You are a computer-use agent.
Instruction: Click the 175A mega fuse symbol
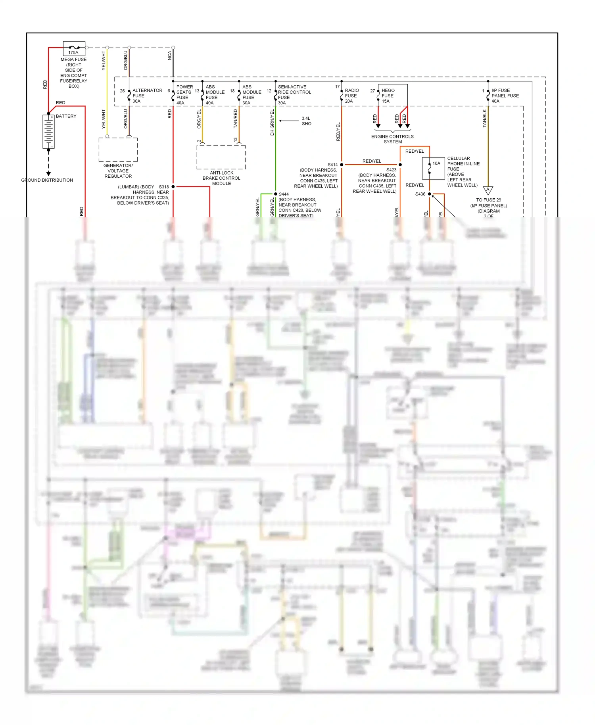[x=74, y=48]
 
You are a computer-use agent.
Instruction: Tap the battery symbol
[x=48, y=132]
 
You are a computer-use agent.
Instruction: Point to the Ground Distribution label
[x=47, y=180]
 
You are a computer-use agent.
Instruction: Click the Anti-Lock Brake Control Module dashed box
[x=221, y=157]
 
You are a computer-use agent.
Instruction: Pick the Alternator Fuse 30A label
[x=147, y=96]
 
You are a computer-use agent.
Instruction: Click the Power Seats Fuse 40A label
[x=184, y=95]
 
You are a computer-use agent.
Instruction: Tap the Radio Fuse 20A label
[x=351, y=96]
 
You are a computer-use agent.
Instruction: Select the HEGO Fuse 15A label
[x=388, y=96]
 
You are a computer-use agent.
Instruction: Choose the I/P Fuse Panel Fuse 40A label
[x=505, y=96]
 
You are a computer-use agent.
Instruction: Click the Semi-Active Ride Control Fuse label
[x=294, y=94]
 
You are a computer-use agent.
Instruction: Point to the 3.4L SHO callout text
[x=306, y=121]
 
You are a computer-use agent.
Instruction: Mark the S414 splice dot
[x=342, y=164]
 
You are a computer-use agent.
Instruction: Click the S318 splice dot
[x=173, y=186]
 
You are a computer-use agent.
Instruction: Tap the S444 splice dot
[x=276, y=194]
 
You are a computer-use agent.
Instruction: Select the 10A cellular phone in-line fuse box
[x=433, y=168]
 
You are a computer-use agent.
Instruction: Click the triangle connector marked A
[x=488, y=190]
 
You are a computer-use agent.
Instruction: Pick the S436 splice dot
[x=430, y=194]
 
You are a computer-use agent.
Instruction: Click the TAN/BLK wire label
[x=484, y=118]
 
